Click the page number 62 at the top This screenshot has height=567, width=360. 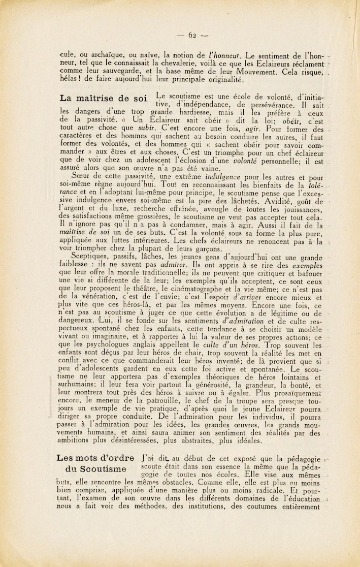pyautogui.click(x=192, y=35)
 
